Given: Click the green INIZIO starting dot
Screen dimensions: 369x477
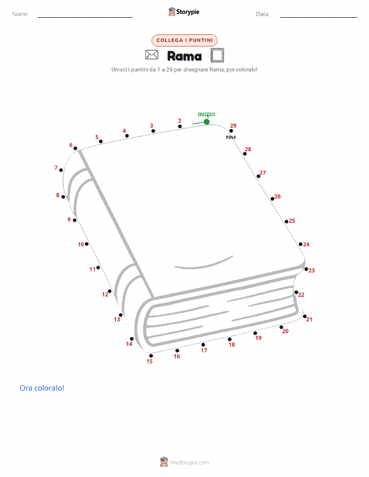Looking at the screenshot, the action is click(207, 122).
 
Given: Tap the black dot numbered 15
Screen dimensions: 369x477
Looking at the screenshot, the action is click(151, 356).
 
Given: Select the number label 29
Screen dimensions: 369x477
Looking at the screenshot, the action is click(233, 126).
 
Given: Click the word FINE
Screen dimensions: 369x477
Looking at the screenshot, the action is click(231, 137).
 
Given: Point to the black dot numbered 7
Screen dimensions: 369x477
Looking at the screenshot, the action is click(61, 171).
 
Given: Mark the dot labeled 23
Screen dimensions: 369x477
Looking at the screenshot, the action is click(306, 269).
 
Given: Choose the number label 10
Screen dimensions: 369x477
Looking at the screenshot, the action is click(81, 244).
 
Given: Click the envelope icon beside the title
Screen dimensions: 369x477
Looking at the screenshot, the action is click(151, 55).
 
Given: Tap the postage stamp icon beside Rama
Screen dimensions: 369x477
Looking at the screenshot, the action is click(218, 55).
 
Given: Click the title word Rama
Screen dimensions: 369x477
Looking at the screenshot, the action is click(184, 56).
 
